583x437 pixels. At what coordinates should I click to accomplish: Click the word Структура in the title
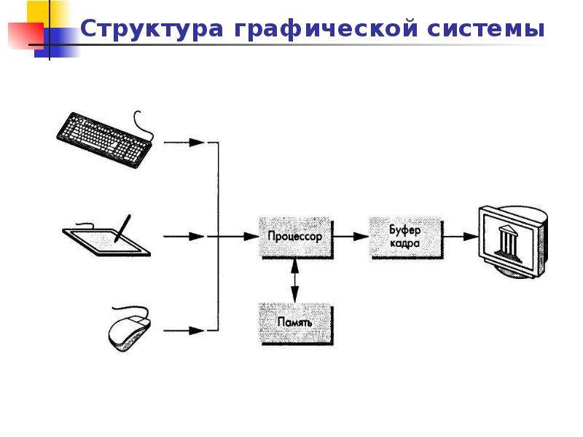click(152, 29)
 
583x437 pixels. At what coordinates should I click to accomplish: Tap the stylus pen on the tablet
click(122, 228)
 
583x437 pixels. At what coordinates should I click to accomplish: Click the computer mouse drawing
click(130, 329)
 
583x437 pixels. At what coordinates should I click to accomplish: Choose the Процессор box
click(296, 237)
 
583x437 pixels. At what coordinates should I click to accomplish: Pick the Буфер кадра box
click(406, 237)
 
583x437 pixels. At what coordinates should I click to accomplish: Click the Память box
click(296, 323)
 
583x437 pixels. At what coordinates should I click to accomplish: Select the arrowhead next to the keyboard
click(197, 142)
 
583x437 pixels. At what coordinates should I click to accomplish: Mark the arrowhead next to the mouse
click(197, 331)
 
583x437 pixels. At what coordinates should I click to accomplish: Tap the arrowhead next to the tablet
click(197, 236)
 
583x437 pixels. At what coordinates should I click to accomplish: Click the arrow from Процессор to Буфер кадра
click(351, 236)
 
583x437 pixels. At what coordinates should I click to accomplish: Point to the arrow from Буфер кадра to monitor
click(461, 236)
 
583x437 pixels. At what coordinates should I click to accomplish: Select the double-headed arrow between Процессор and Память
click(295, 281)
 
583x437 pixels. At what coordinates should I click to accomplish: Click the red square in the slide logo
click(26, 36)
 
